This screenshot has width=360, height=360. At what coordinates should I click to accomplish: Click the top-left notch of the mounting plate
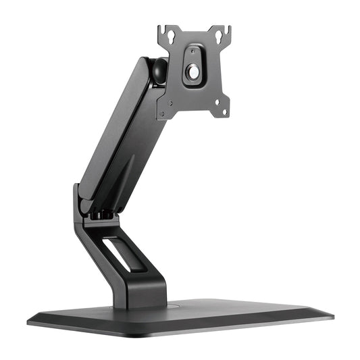161,29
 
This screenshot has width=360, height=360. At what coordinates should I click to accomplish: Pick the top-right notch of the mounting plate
228,30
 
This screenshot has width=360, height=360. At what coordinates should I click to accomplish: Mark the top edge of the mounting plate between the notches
194,32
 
